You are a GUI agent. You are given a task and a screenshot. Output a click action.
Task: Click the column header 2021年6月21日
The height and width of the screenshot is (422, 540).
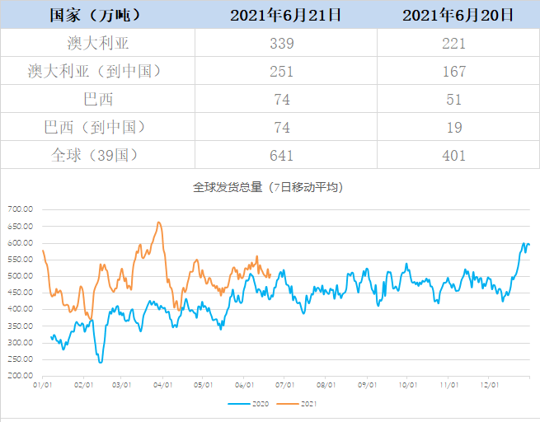[x=286, y=15]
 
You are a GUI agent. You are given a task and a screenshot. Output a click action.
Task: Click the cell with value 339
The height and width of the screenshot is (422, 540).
[x=286, y=44]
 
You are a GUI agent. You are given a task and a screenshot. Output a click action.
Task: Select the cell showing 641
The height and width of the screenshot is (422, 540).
[x=286, y=155]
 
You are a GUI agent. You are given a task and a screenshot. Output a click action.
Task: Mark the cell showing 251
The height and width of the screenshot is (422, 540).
[x=286, y=72]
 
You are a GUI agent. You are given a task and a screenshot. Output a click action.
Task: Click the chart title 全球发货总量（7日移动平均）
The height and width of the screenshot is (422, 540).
[x=268, y=187]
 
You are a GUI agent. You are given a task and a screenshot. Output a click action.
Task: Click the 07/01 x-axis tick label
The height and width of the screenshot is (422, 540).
[x=285, y=385]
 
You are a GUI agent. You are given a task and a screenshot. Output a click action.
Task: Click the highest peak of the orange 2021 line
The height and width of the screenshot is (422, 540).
[x=159, y=222]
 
